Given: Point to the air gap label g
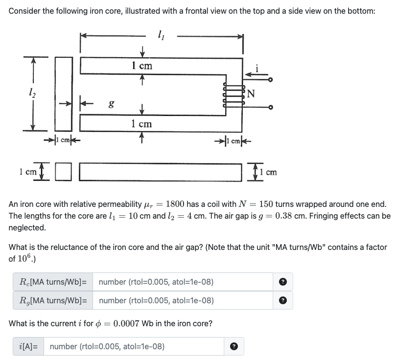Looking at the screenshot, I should click(x=112, y=103).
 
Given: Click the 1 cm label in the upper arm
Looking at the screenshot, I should click(x=142, y=66).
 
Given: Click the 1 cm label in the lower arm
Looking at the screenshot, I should click(x=142, y=123).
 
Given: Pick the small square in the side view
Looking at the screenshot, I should click(x=63, y=172).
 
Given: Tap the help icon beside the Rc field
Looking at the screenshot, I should click(x=282, y=282).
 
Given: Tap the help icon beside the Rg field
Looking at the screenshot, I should click(x=282, y=300).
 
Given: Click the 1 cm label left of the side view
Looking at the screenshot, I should click(x=27, y=172).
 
